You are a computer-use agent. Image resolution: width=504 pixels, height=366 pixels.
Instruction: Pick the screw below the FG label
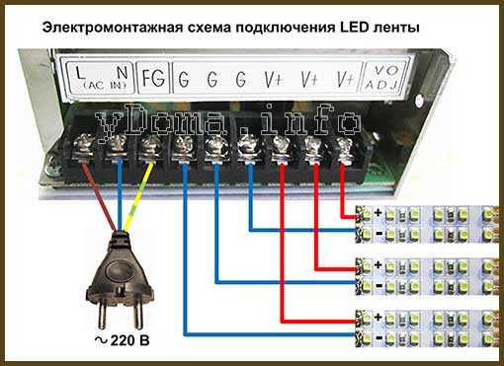[149, 148]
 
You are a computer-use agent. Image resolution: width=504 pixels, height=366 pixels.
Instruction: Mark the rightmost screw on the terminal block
[345, 148]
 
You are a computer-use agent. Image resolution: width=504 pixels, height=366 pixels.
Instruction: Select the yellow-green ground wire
[138, 192]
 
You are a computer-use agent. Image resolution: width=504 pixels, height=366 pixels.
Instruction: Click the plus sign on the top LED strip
[378, 212]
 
